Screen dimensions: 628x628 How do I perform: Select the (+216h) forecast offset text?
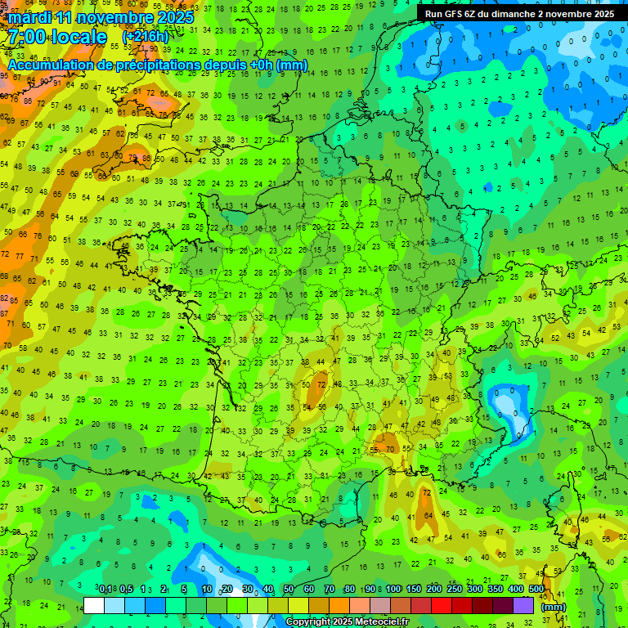(145, 37)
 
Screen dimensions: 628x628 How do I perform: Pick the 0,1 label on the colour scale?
(105, 589)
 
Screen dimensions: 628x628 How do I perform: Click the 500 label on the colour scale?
(536, 589)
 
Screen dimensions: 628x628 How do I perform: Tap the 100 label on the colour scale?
(393, 589)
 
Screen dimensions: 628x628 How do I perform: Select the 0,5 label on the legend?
(126, 589)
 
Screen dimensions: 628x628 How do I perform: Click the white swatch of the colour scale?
(94, 605)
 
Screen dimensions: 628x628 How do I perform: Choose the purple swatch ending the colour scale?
(523, 605)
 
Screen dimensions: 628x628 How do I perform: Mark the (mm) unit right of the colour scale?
(554, 607)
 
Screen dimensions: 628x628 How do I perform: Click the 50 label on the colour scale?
(289, 589)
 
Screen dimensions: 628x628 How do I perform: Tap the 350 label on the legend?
(496, 589)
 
